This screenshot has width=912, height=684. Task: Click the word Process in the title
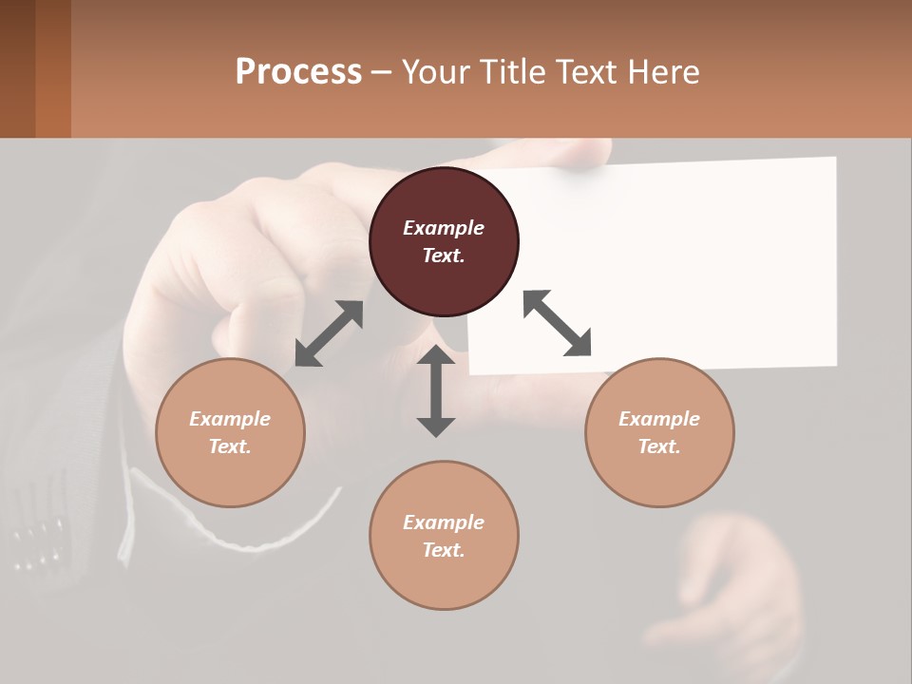pyautogui.click(x=298, y=72)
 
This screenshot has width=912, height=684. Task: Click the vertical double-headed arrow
pyautogui.click(x=436, y=390)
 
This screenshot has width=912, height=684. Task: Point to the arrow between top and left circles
pyautogui.click(x=329, y=333)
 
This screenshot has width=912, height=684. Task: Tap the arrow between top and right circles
pyautogui.click(x=558, y=323)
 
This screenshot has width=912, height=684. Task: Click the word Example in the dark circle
pyautogui.click(x=444, y=228)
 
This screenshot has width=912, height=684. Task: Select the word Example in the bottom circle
pyautogui.click(x=444, y=522)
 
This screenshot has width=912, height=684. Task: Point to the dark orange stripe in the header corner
pyautogui.click(x=53, y=68)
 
